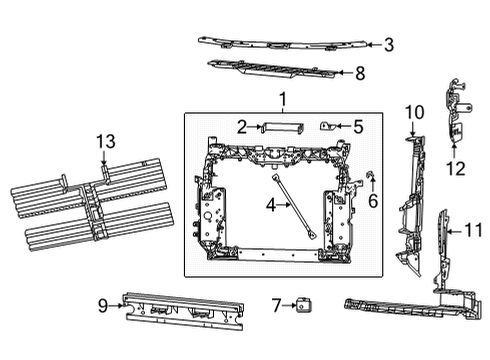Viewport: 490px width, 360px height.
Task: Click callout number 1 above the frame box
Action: point(282,100)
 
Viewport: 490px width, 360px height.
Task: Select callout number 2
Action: point(242,126)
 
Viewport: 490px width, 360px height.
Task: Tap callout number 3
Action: point(389,44)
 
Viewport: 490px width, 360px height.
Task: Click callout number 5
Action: point(358,126)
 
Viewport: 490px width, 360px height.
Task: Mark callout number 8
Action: point(361,72)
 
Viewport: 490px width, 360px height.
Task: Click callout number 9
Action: point(103,306)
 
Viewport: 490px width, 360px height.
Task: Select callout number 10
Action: point(412,113)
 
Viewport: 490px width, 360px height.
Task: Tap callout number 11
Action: point(475,231)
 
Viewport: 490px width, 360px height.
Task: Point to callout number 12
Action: point(457,168)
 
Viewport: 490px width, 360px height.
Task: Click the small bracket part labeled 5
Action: point(327,126)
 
